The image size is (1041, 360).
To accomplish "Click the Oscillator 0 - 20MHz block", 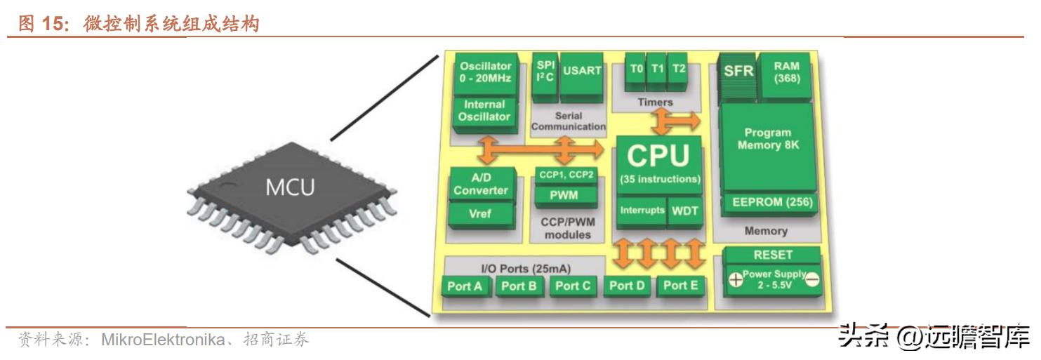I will click(485, 72).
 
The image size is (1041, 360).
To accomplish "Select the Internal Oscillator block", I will click(484, 111).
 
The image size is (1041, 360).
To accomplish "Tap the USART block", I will click(582, 70).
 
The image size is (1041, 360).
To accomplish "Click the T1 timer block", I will click(656, 69).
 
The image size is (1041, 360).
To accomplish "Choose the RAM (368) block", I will click(786, 72).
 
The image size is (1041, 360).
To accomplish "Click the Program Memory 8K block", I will click(768, 138).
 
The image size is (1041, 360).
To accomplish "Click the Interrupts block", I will click(641, 211).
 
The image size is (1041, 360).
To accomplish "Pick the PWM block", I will click(564, 196).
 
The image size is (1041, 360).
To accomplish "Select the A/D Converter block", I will click(480, 185).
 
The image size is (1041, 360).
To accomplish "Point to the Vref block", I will click(480, 214).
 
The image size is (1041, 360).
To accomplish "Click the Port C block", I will click(573, 286).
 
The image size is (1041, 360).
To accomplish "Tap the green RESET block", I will click(772, 255).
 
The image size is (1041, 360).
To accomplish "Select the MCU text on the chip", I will click(289, 188).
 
